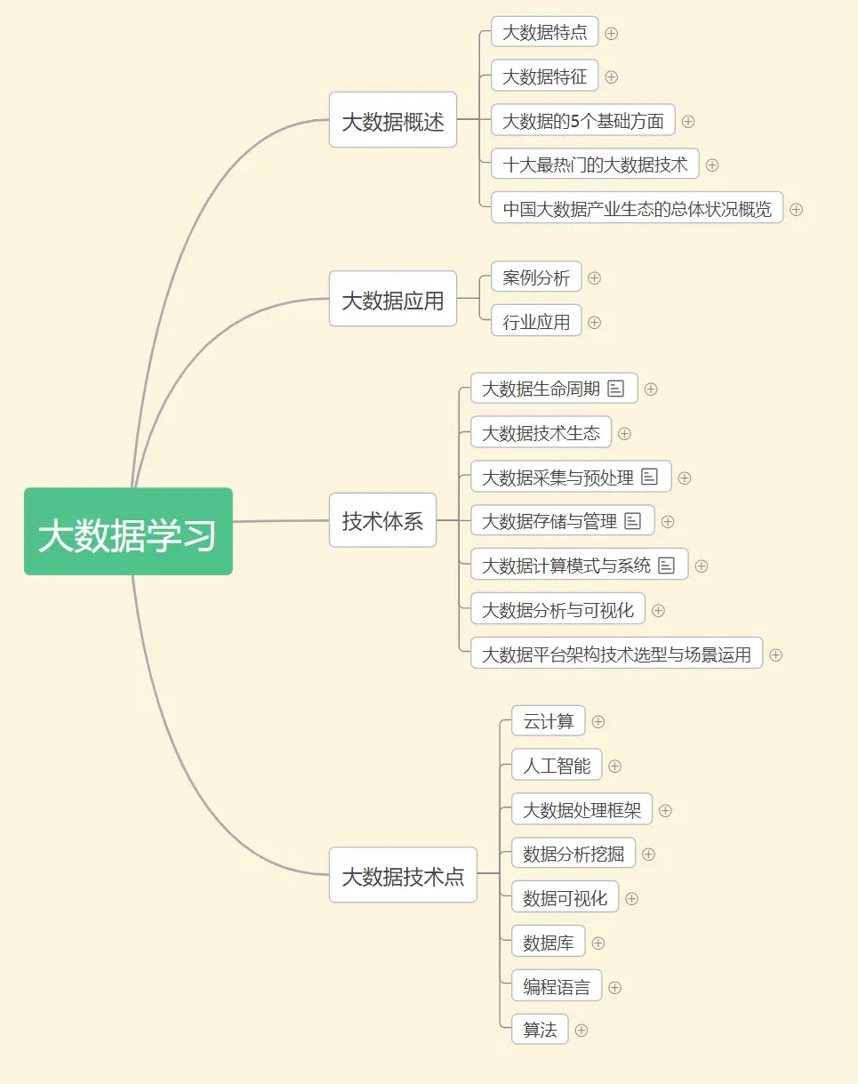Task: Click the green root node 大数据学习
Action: pos(128,531)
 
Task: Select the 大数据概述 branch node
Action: pos(392,120)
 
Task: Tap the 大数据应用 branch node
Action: pos(392,299)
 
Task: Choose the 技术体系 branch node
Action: pos(382,520)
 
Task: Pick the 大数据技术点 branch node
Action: pos(403,875)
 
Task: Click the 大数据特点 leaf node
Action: pos(544,33)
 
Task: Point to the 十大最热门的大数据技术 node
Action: pos(595,165)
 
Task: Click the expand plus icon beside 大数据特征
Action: pos(612,77)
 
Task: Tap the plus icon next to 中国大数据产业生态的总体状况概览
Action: pos(797,210)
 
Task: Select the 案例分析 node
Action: pos(536,277)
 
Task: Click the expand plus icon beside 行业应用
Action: pos(595,322)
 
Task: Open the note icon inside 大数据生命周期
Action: pos(616,389)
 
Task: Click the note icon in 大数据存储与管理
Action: pos(633,521)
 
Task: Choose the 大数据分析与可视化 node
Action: pos(557,610)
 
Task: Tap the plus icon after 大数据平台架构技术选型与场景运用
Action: pos(776,655)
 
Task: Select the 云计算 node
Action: pos(548,721)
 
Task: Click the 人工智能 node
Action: pos(557,766)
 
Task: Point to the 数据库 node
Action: pos(548,943)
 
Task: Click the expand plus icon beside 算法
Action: pos(581,1031)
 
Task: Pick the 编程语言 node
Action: pos(557,987)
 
